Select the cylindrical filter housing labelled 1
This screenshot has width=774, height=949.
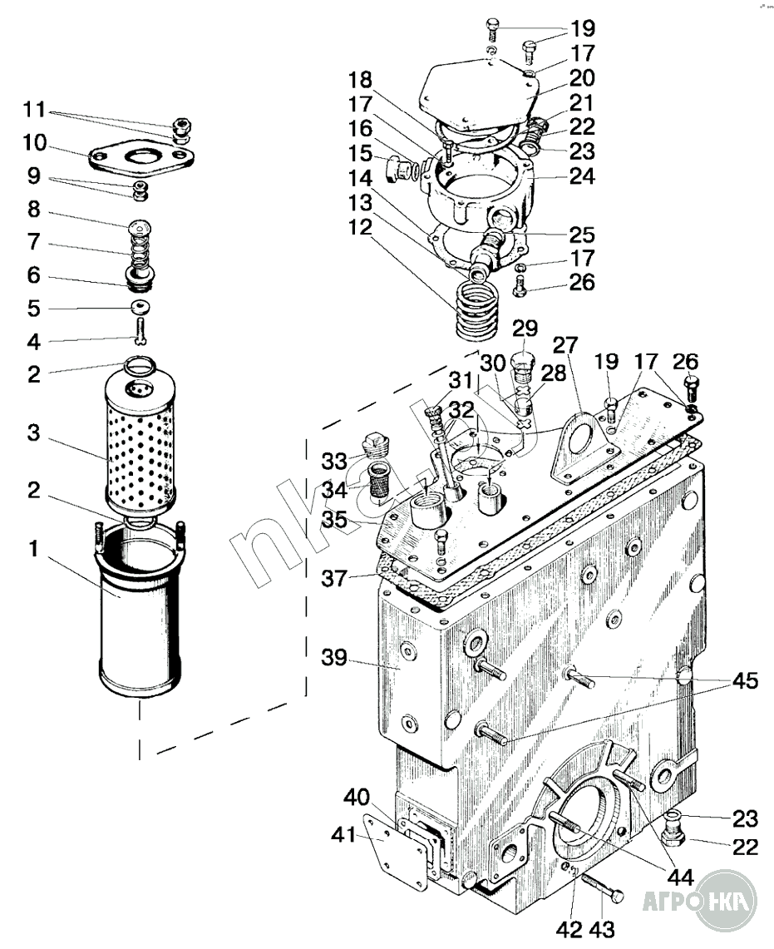[x=139, y=611]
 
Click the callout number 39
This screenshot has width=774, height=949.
[x=333, y=657]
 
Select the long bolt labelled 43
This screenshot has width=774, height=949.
[x=602, y=886]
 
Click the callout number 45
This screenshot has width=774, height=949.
[x=745, y=680]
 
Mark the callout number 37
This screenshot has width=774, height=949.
[x=334, y=578]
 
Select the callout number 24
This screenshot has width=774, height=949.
[x=582, y=176]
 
